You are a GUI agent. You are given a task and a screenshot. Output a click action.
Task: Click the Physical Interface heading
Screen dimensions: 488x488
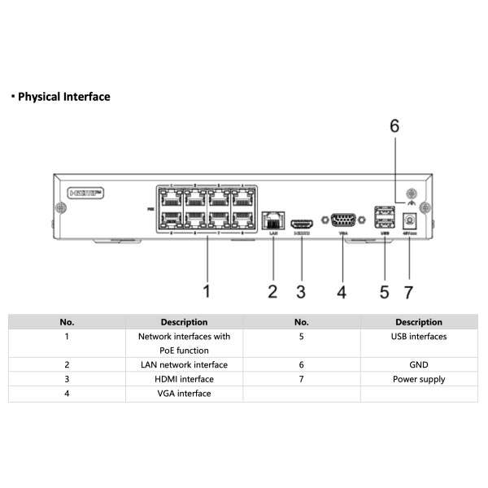pyautogui.click(x=63, y=97)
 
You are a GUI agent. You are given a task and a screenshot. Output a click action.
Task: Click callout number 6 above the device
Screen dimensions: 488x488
pyautogui.click(x=394, y=126)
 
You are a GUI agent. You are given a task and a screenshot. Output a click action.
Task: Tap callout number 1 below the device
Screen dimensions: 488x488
pyautogui.click(x=207, y=290)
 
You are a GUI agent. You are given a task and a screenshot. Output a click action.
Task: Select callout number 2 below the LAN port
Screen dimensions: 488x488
pyautogui.click(x=273, y=290)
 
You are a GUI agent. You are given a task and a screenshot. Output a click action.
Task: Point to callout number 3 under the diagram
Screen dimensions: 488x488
pyautogui.click(x=301, y=290)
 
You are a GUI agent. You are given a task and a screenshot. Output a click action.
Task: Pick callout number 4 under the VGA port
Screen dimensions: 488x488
pyautogui.click(x=342, y=290)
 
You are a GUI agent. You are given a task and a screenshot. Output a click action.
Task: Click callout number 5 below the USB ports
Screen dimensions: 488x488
pyautogui.click(x=385, y=290)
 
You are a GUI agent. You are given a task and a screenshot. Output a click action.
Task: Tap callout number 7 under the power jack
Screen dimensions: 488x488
pyautogui.click(x=409, y=290)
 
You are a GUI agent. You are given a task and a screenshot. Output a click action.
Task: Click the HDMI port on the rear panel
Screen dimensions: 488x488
pyautogui.click(x=302, y=222)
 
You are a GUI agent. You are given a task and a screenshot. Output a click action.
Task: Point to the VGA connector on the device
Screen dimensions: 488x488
pyautogui.click(x=342, y=220)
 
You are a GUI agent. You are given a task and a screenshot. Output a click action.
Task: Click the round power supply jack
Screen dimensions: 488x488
pyautogui.click(x=410, y=218)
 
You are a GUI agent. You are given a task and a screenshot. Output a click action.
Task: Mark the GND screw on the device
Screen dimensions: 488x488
pyautogui.click(x=411, y=194)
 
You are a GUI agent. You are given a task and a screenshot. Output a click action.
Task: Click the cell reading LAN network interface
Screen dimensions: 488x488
pyautogui.click(x=184, y=364)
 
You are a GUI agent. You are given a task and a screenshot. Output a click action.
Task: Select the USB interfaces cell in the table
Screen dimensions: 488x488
pyautogui.click(x=419, y=335)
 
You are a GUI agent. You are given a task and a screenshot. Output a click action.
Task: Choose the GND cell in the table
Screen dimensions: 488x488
pyautogui.click(x=419, y=364)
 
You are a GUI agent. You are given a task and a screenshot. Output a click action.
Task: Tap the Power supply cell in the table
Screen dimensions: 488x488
pyautogui.click(x=419, y=379)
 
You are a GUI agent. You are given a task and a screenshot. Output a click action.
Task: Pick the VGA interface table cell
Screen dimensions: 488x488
pyautogui.click(x=184, y=394)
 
